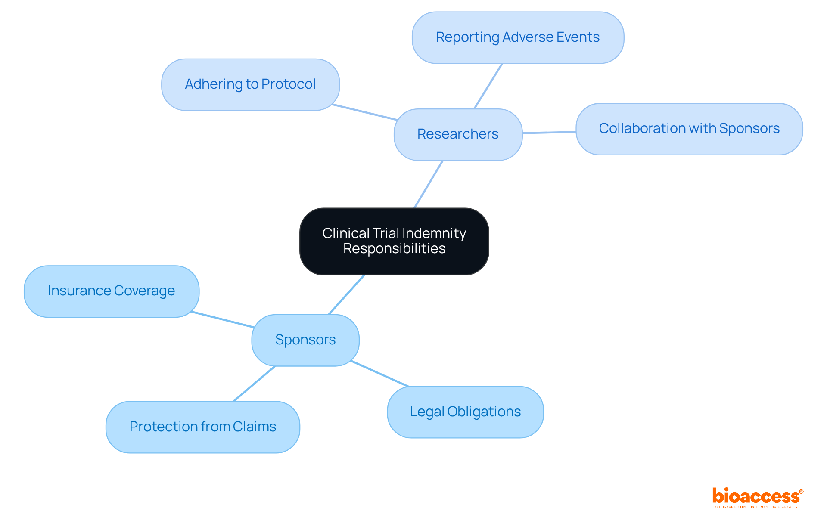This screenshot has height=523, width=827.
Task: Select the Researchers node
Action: (458, 134)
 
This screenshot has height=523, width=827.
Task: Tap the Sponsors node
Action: (305, 340)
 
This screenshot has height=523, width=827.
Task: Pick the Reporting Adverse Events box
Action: (518, 37)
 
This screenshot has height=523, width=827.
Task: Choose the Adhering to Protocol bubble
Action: (250, 84)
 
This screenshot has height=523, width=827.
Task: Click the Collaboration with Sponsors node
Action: (689, 129)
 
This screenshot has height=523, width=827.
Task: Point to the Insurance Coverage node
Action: (112, 291)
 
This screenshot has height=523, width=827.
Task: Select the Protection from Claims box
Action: (203, 427)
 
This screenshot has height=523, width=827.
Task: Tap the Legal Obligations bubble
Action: (465, 412)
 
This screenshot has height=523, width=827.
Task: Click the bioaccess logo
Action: (757, 497)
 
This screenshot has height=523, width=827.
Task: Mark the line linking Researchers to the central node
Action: (429, 184)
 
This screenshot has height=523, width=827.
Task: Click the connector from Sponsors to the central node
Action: (346, 295)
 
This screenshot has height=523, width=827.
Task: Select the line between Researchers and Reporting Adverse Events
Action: (488, 86)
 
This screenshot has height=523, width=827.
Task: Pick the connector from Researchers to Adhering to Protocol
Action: (364, 112)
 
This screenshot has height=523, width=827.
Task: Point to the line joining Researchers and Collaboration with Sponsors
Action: (549, 133)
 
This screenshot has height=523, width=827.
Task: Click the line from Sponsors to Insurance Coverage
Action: (222, 319)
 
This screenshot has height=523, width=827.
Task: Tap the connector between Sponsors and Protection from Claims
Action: (254, 384)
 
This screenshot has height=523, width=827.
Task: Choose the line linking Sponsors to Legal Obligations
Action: (379, 374)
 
